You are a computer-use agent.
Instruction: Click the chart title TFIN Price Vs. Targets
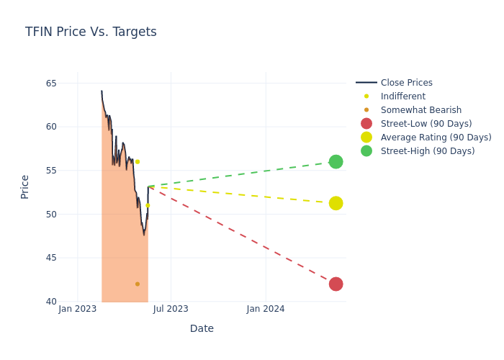point(91,32)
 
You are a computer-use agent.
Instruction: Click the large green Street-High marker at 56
point(336,161)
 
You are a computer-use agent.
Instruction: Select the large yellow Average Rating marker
point(336,203)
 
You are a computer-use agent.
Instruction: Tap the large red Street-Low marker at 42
point(336,284)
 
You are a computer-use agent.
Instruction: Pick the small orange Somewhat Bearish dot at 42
point(138,284)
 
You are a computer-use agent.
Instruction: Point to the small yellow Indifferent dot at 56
point(138,161)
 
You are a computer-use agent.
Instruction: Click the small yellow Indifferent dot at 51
point(148,205)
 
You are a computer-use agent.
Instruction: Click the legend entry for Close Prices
point(406,83)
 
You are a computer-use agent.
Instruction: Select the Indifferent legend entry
point(402,96)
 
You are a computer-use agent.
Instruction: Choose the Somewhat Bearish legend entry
point(420,110)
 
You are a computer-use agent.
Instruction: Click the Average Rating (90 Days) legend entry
point(436,138)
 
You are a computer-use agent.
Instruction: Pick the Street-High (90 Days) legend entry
point(428,151)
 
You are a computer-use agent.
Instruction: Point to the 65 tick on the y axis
point(51,84)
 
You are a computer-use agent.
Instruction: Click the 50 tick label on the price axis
point(51,215)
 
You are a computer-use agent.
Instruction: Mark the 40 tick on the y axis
point(51,302)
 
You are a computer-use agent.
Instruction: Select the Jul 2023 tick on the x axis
point(171,309)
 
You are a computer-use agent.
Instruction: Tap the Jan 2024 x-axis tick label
point(266,309)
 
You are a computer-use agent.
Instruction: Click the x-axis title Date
point(202,328)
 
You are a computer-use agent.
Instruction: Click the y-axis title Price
point(25,186)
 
